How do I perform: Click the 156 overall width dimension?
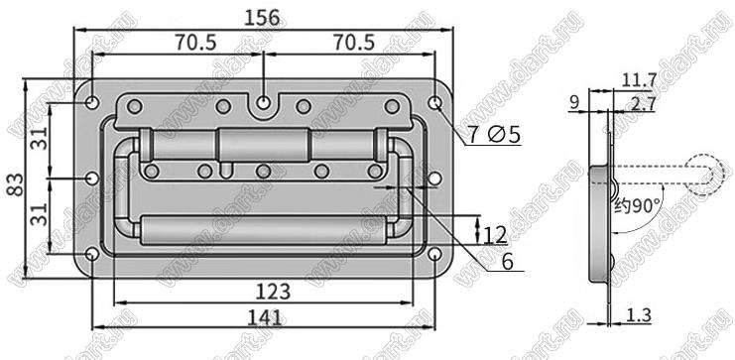click(262, 18)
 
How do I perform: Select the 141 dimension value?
click(266, 317)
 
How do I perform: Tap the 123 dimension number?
click(273, 292)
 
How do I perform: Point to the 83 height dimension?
click(15, 185)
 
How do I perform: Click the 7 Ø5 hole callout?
click(495, 136)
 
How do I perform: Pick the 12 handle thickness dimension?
click(496, 235)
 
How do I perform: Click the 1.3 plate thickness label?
click(639, 315)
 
